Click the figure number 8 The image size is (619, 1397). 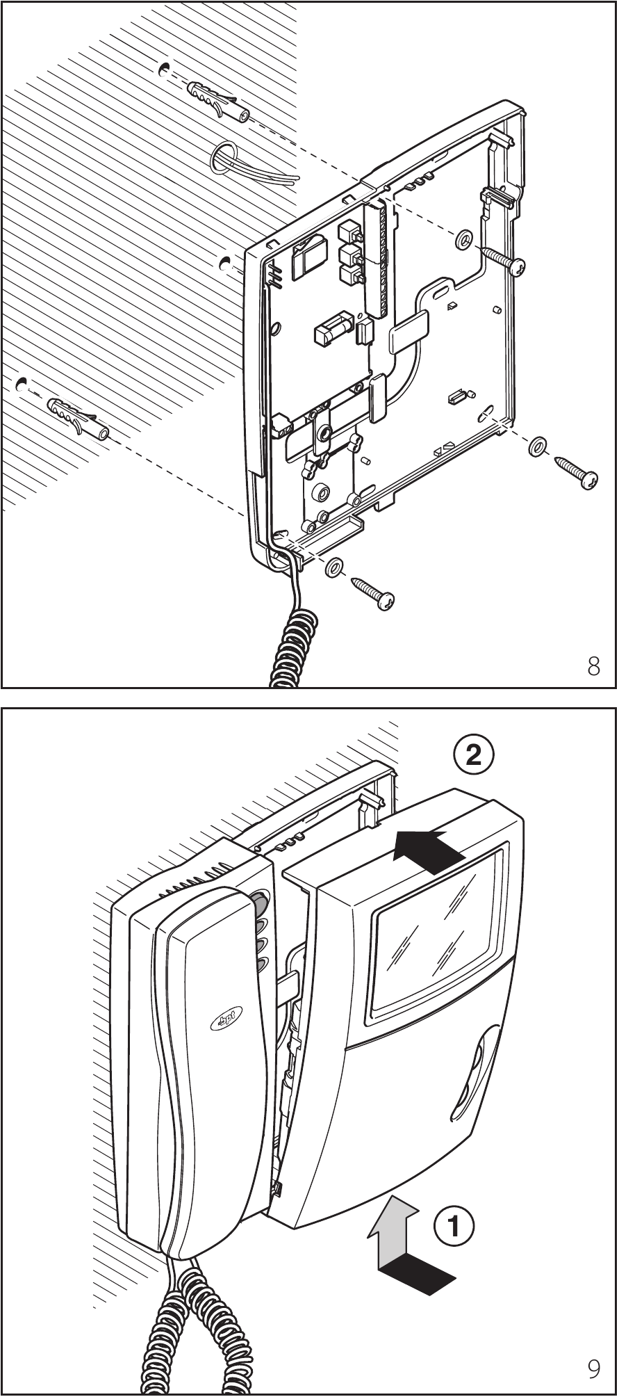tap(593, 667)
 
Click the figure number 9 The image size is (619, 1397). tap(594, 1368)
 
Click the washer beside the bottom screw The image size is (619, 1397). tap(333, 567)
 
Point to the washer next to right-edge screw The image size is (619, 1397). tap(536, 447)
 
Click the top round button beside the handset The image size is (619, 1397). tap(260, 904)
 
